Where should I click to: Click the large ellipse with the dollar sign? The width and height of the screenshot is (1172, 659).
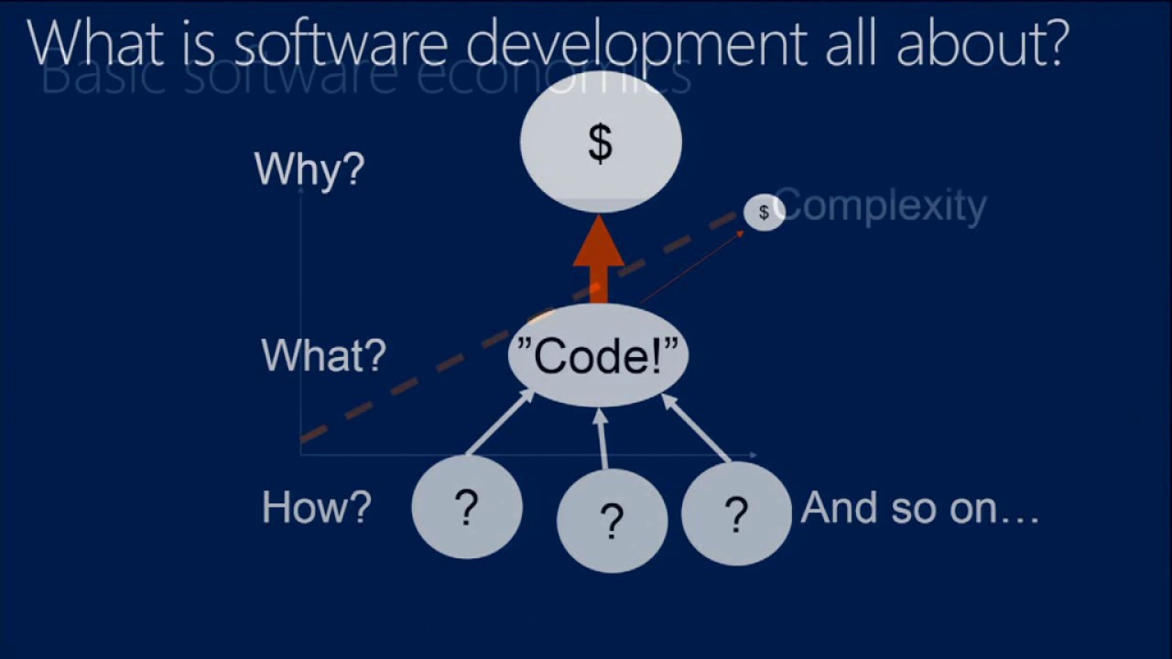tap(601, 143)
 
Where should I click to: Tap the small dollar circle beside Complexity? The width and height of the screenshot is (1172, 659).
tap(763, 212)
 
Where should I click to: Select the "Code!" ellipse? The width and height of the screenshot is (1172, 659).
tap(598, 355)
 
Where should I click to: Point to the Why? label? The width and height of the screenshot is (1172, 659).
tap(309, 169)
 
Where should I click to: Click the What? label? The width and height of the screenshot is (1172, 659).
tap(323, 355)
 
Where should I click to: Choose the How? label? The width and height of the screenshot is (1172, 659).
tap(316, 507)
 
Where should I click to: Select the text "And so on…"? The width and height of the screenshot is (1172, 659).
tap(920, 507)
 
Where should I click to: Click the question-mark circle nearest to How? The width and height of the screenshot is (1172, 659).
tap(467, 507)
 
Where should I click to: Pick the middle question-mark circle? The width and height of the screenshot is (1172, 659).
tap(612, 521)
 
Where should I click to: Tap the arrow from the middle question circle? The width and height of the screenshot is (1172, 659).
tap(602, 439)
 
